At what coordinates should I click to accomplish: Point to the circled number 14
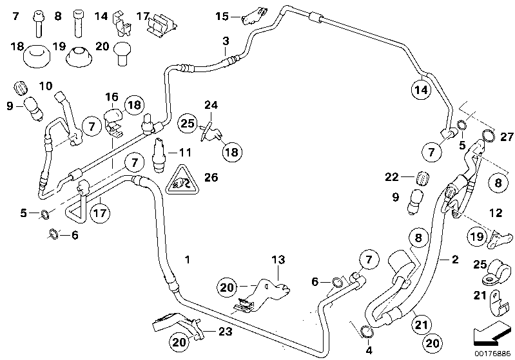[x=421, y=90]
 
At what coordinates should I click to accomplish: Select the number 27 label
[x=507, y=136]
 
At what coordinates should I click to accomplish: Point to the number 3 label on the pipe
[x=225, y=43]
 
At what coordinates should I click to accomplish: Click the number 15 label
[x=222, y=15]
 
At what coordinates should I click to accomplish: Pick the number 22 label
[x=393, y=176]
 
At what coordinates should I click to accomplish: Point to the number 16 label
[x=112, y=97]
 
